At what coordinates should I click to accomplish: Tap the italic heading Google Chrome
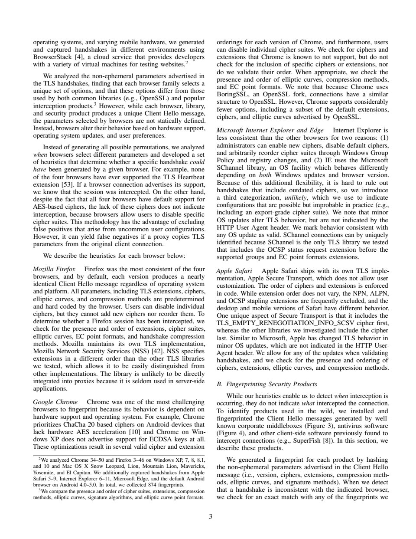(55, 402)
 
